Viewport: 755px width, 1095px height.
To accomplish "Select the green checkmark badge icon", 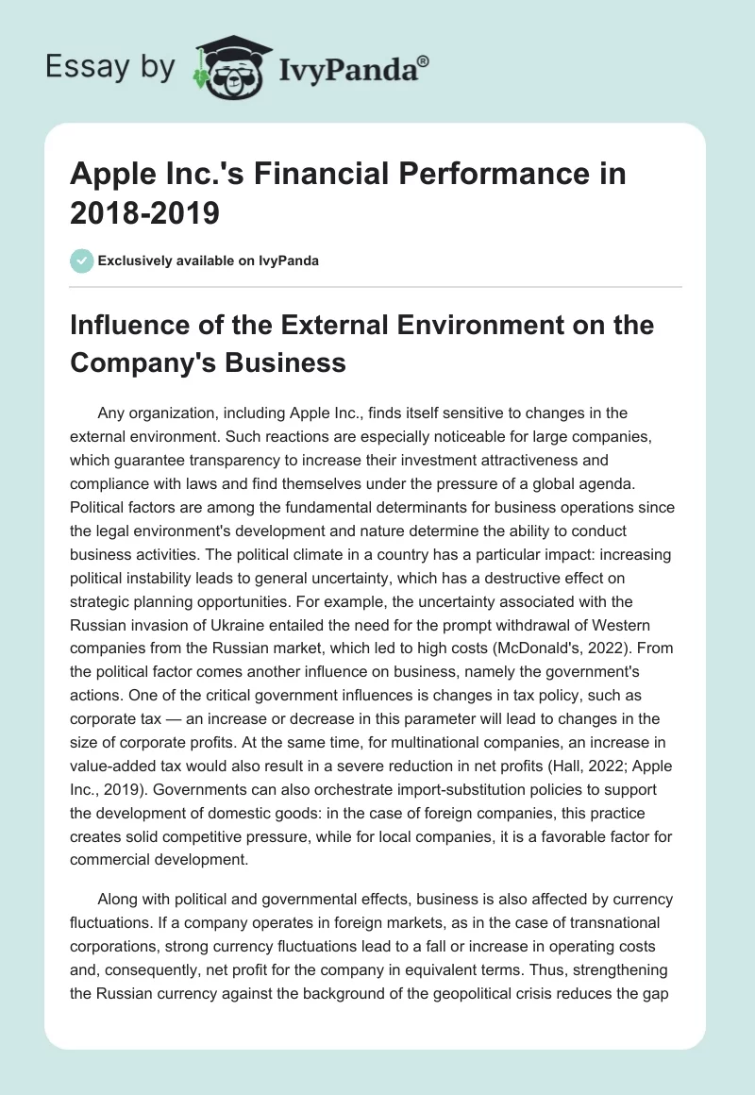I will point(82,261).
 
